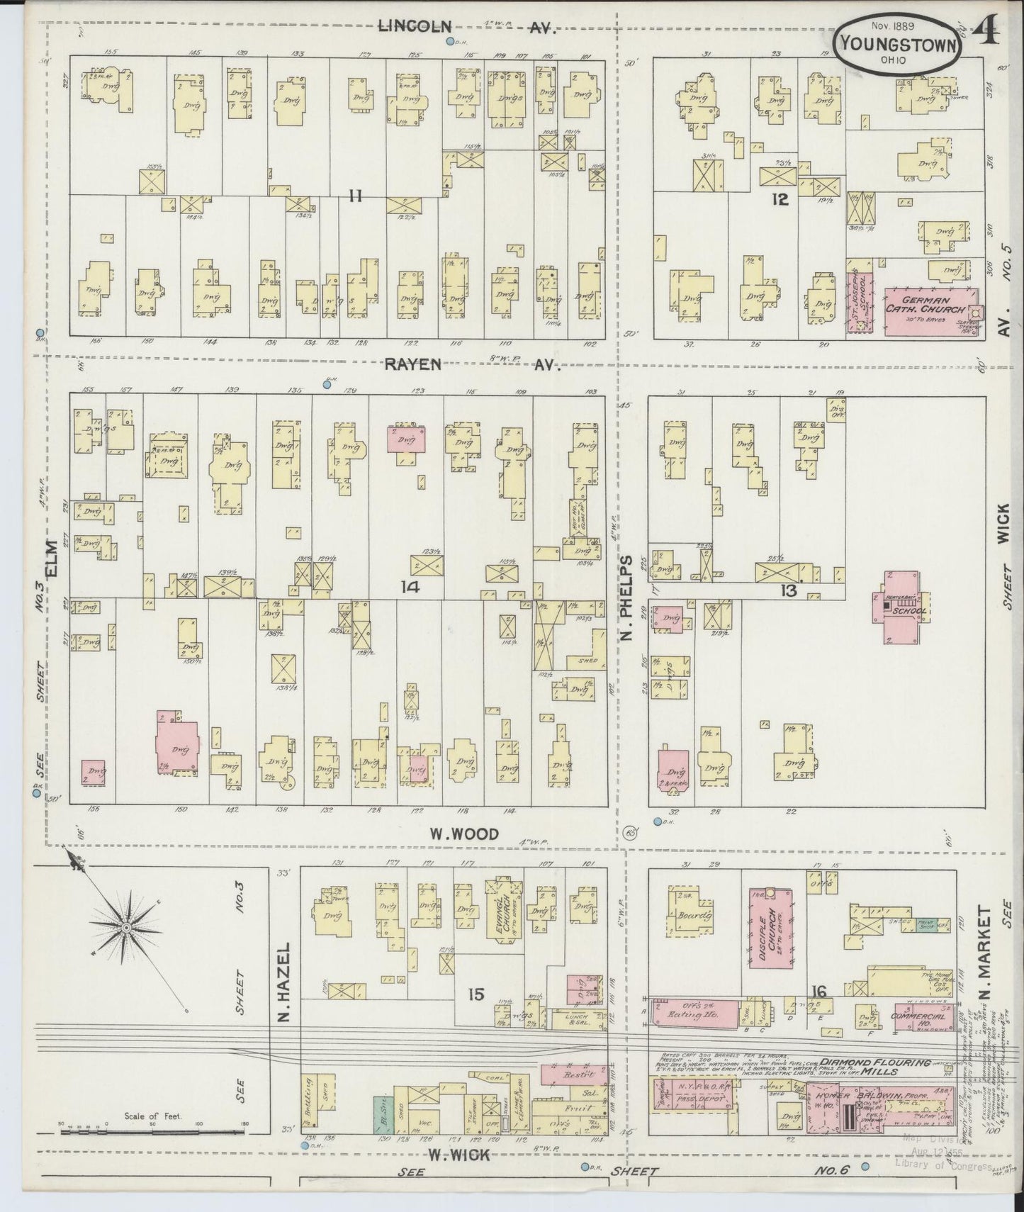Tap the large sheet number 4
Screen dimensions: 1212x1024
tap(987, 32)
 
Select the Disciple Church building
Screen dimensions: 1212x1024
tap(770, 928)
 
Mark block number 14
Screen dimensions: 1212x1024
tap(410, 587)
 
